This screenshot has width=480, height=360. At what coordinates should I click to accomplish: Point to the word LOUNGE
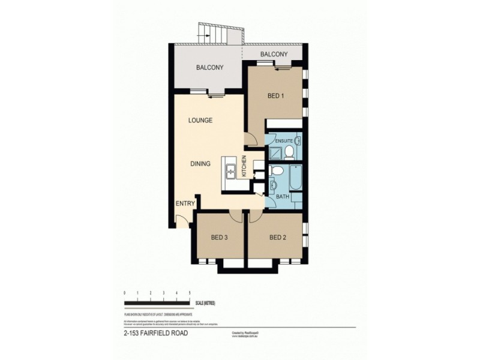[200, 121]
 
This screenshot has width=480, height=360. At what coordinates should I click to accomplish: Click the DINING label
[200, 163]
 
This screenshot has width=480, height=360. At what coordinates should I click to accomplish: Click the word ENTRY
[185, 204]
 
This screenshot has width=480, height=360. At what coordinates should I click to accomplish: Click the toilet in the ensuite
[288, 151]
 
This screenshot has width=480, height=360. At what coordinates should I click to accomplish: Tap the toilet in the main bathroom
[274, 173]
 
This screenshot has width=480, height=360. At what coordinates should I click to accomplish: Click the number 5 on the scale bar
[190, 292]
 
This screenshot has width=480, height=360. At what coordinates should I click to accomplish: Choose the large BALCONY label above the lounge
[209, 68]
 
